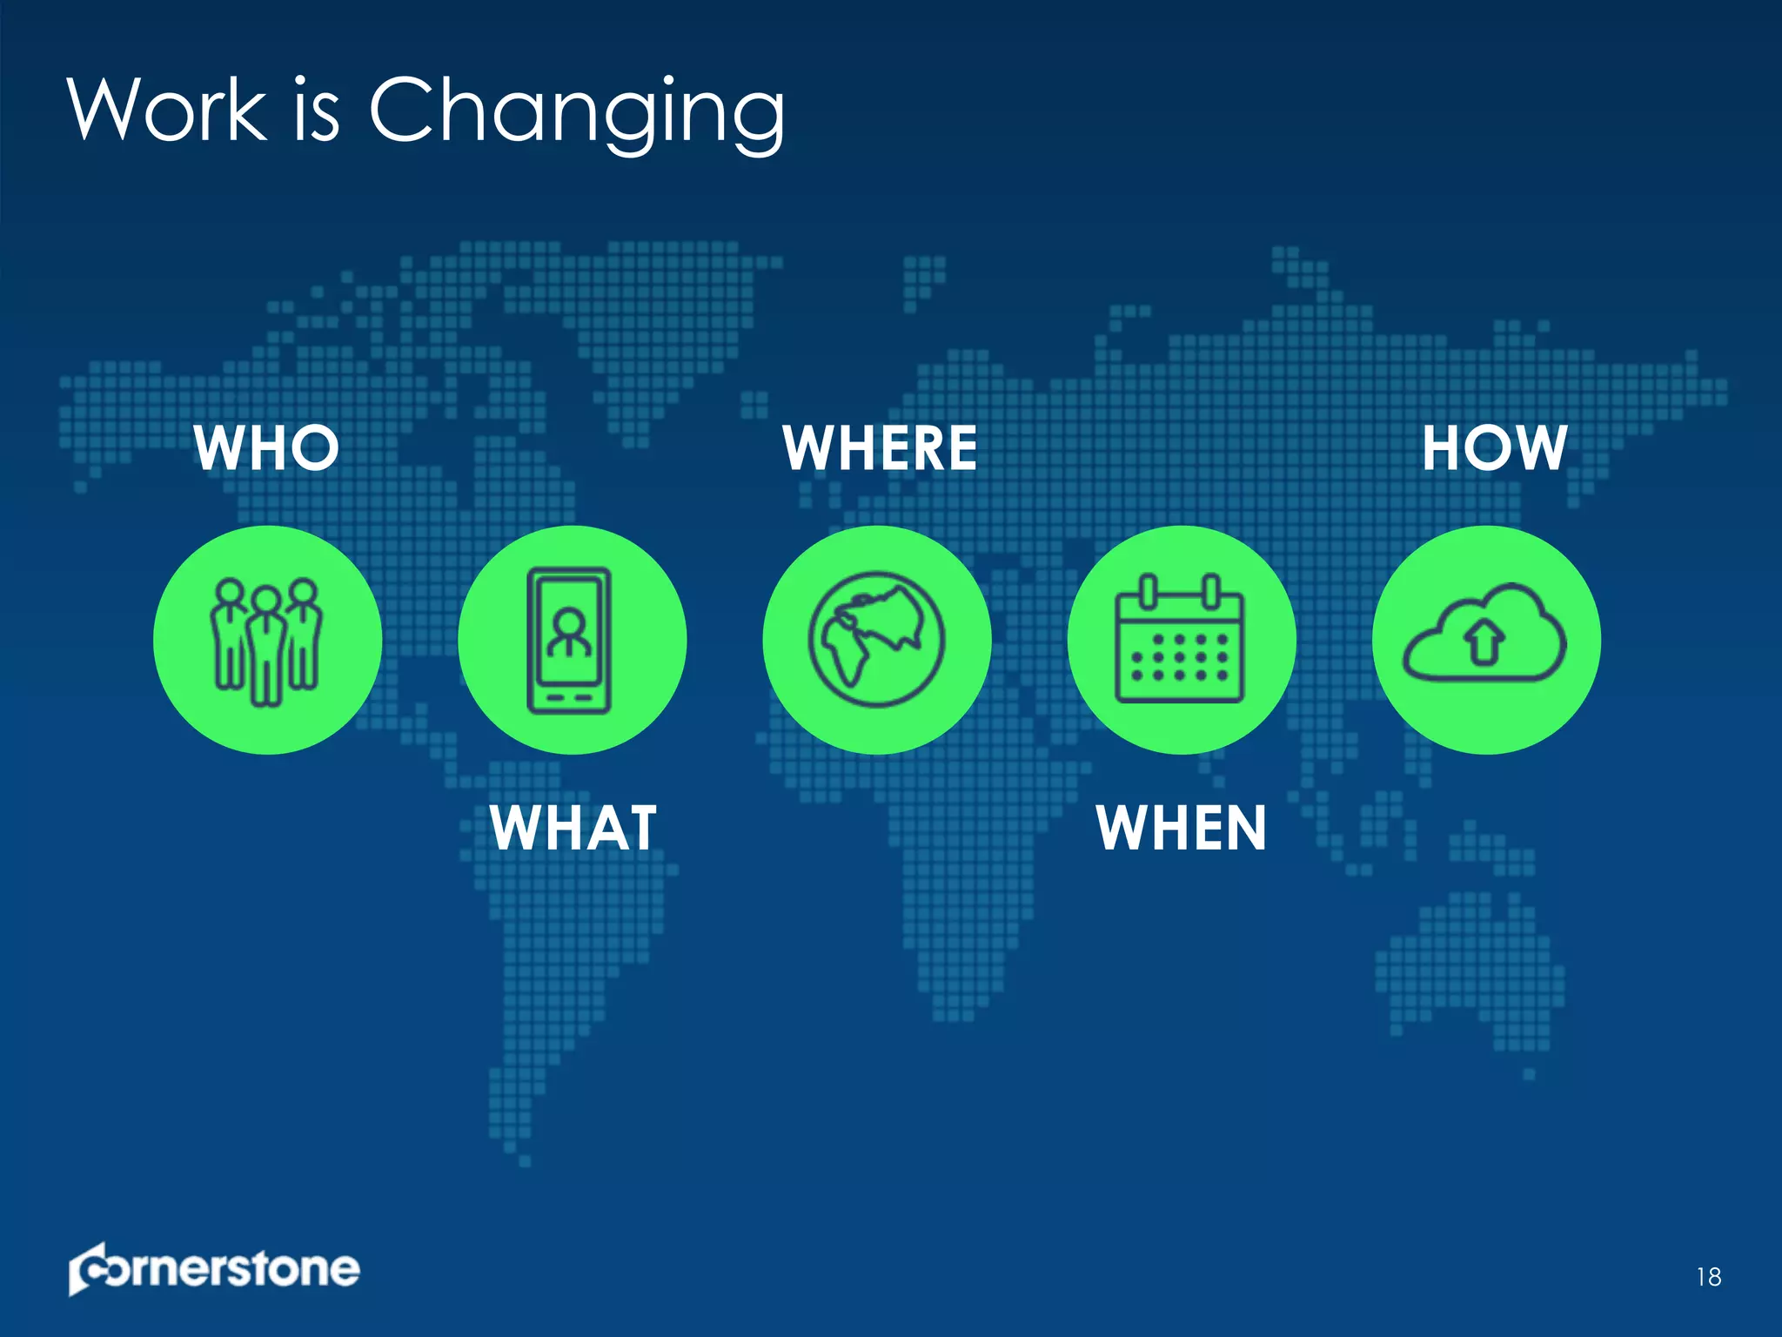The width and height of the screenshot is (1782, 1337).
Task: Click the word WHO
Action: coord(266,448)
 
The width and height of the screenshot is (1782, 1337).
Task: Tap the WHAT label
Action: coord(573,828)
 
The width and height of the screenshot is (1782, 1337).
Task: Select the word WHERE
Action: coord(880,448)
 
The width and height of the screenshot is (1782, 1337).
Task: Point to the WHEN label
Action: coord(1181,828)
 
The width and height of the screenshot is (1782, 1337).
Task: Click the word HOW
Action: coord(1494,448)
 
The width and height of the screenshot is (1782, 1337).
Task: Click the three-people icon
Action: coord(267,641)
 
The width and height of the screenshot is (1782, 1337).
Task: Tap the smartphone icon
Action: coord(570,641)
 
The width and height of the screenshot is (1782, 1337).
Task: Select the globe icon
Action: coord(876,640)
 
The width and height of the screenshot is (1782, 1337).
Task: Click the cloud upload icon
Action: coord(1484,634)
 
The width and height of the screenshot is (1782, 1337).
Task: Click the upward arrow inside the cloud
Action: coord(1484,642)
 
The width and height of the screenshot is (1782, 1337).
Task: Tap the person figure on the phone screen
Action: coord(570,633)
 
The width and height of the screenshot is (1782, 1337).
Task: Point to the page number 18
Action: coord(1708,1277)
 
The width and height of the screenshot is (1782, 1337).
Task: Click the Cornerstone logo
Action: coord(214,1269)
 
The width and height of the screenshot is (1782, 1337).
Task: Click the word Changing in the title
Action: coord(577,113)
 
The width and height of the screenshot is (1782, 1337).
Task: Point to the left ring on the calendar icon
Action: coord(1149,592)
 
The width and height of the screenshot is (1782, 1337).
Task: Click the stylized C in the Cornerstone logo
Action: coord(90,1270)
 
